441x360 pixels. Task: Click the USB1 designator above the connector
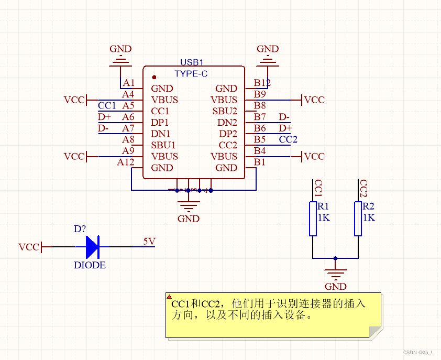[192, 62]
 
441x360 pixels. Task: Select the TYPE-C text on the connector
[191, 74]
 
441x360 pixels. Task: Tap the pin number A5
[128, 106]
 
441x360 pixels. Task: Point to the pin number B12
[262, 83]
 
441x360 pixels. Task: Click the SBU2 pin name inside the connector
[225, 111]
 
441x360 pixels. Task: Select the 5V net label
[149, 242]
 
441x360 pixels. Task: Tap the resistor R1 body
[313, 219]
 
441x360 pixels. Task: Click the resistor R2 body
[358, 219]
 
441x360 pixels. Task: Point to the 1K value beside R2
[369, 217]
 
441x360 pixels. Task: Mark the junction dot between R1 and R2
[335, 258]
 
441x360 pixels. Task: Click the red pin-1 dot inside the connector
[154, 77]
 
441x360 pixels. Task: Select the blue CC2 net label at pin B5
[288, 139]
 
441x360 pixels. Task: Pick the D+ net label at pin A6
[104, 117]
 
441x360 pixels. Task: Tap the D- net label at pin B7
[284, 117]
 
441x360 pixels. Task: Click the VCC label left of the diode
[29, 247]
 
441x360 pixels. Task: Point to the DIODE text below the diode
[90, 265]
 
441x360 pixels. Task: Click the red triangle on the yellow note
[169, 297]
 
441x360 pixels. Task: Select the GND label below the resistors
[336, 287]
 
